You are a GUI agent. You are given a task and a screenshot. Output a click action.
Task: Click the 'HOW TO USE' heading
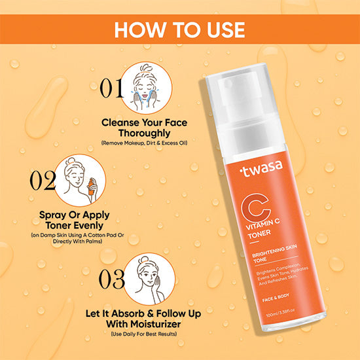[180, 29]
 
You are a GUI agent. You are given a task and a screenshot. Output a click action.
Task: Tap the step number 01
[111, 88]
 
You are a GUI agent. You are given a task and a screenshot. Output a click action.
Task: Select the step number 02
[43, 180]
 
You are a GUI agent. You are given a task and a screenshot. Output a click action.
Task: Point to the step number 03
[112, 279]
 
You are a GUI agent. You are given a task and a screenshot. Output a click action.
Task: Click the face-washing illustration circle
[146, 88]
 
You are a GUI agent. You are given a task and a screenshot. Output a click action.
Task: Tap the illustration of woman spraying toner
[80, 180]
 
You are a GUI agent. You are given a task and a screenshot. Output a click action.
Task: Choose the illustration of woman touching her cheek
[149, 279]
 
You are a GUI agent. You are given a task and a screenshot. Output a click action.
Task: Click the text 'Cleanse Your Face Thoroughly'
[145, 128]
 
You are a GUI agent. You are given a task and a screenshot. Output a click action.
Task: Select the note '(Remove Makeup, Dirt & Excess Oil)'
[145, 143]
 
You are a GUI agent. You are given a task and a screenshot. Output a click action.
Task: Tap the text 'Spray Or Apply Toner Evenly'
[75, 220]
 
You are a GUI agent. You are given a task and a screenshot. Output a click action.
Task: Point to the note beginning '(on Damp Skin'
[78, 238]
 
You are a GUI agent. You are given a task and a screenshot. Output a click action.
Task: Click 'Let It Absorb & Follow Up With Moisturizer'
[143, 319]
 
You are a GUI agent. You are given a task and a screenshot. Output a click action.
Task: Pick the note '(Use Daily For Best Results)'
[144, 334]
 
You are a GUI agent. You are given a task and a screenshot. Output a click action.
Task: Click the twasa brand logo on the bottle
[261, 168]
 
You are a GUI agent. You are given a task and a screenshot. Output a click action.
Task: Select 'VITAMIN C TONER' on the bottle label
[262, 229]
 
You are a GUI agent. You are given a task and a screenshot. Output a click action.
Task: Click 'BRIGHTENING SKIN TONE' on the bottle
[275, 253]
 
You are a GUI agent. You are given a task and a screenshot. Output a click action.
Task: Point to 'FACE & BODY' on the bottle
[276, 298]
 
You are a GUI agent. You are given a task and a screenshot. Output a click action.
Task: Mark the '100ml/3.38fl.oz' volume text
[280, 312]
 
